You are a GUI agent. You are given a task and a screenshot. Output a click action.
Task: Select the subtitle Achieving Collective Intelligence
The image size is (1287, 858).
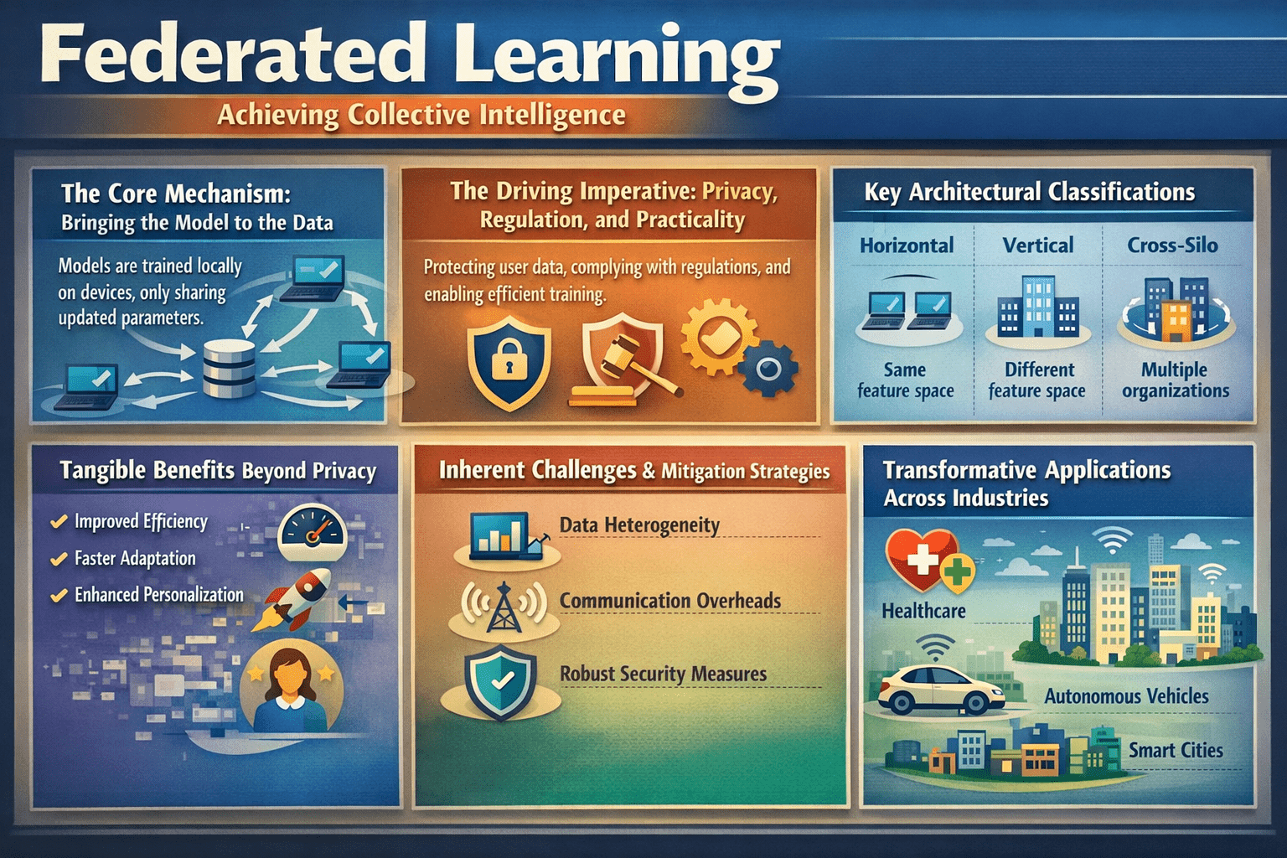point(421,115)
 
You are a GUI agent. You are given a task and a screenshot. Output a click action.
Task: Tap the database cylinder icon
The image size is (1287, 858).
point(229,368)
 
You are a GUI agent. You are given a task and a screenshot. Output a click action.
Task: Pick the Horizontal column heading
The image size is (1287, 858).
point(907,246)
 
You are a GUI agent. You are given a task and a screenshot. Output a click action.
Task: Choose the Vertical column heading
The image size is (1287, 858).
point(1038,246)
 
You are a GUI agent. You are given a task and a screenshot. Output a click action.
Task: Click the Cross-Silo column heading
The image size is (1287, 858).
point(1172,246)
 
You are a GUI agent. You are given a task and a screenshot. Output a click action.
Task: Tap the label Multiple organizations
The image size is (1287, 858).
point(1175,380)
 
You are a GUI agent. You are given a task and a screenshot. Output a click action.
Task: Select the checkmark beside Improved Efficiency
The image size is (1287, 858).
point(59,522)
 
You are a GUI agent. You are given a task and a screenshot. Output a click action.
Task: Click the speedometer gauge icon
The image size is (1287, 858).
point(312,533)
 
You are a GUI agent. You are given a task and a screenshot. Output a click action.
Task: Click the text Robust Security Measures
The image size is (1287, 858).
point(663,674)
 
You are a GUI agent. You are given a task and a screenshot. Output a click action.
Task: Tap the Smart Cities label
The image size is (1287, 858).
point(1175,750)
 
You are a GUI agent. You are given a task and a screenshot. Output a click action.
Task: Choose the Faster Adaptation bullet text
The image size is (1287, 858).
point(135,558)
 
